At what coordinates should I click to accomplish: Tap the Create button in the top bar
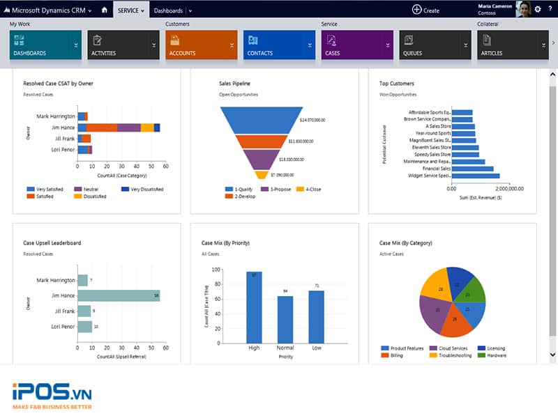tap(425, 10)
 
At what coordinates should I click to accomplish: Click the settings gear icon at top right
tap(538, 10)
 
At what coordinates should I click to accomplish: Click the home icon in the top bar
tap(105, 10)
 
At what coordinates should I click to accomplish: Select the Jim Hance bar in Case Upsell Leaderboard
tap(119, 295)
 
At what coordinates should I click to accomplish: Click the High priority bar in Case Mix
tap(254, 307)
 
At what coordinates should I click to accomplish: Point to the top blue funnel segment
tap(262, 119)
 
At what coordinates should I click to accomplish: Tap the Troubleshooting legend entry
tap(450, 355)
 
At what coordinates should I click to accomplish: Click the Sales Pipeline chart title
tap(234, 84)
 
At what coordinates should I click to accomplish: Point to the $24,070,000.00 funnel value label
tap(312, 121)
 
